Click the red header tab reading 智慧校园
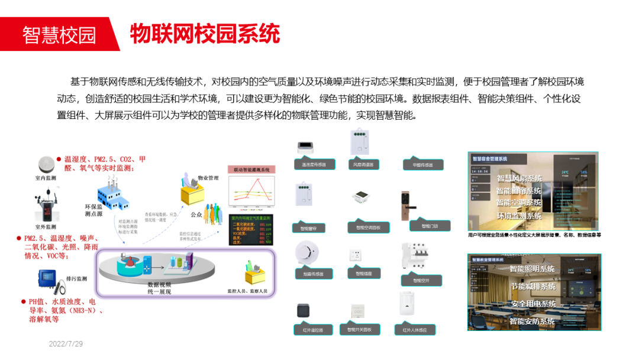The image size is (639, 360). click(59, 34)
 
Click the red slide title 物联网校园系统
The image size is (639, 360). click(205, 34)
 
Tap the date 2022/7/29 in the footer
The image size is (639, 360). click(66, 344)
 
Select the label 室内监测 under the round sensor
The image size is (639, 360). click(46, 178)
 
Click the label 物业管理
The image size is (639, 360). click(208, 178)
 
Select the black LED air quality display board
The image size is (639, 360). click(251, 230)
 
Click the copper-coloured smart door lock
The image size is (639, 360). click(407, 205)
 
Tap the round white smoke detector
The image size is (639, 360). click(308, 253)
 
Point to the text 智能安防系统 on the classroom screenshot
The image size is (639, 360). click(532, 322)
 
